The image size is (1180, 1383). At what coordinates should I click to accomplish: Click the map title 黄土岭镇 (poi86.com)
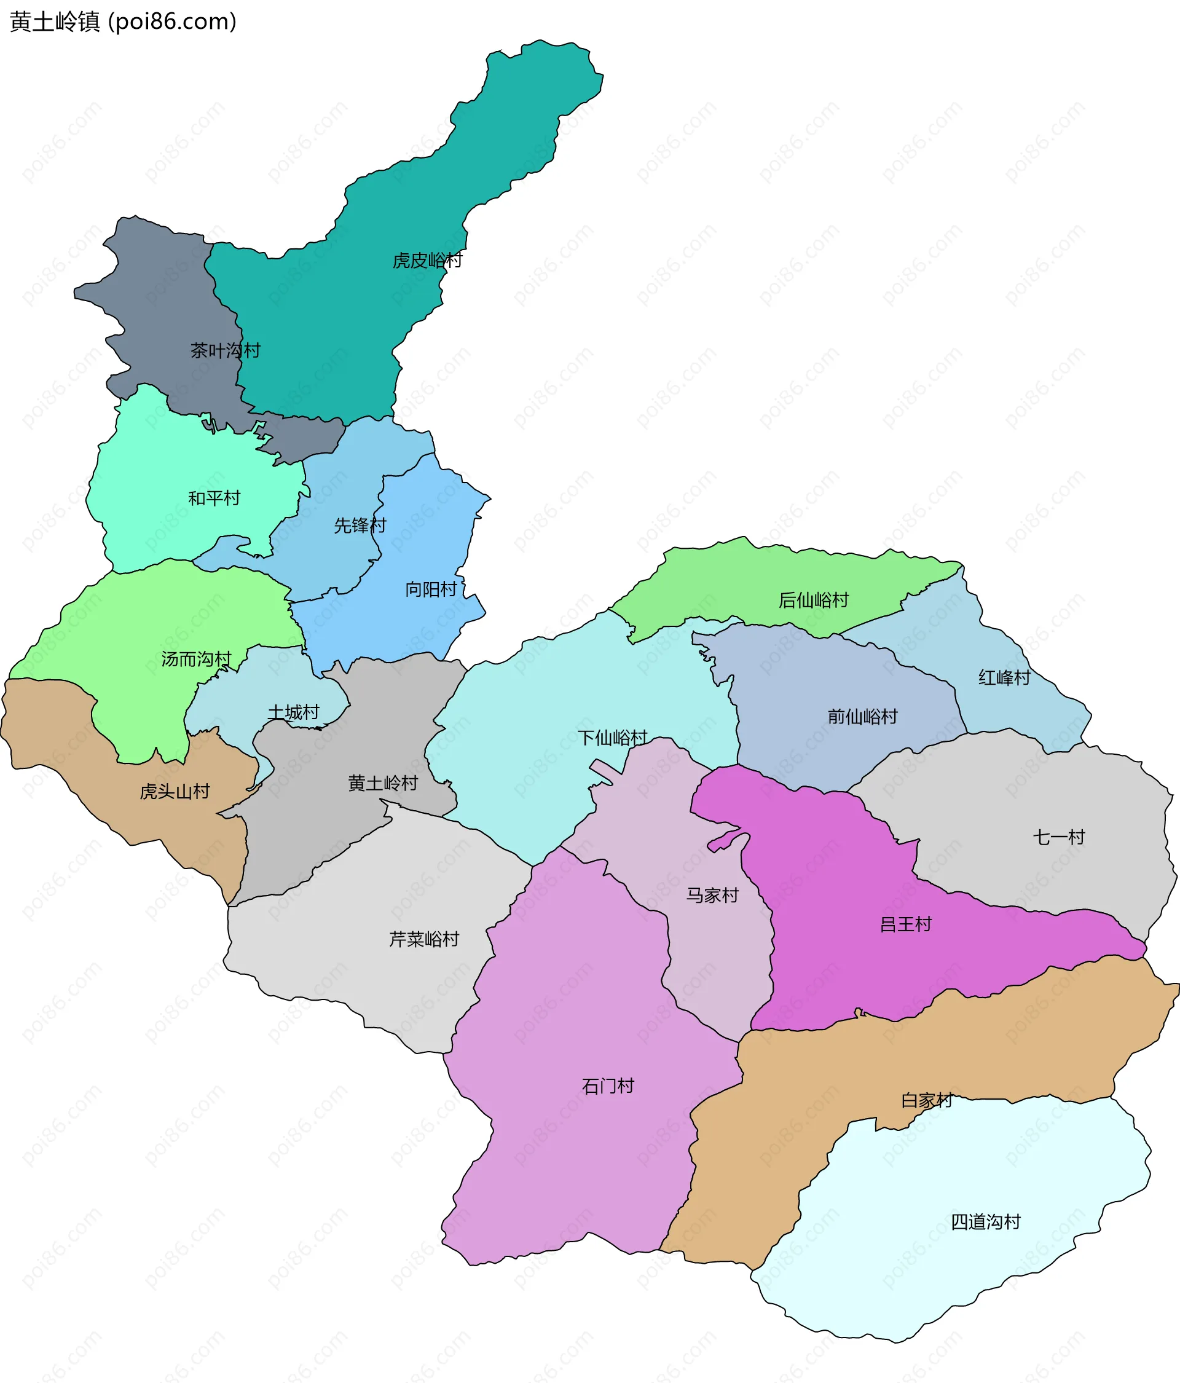(124, 22)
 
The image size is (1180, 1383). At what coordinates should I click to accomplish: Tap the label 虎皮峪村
(427, 261)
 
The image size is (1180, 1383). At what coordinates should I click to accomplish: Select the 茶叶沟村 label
(225, 350)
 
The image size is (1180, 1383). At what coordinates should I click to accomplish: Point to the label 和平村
(214, 498)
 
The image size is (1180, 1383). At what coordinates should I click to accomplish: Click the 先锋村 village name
(360, 526)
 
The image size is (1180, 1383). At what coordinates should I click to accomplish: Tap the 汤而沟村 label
(196, 660)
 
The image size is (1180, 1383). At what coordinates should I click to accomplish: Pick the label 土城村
(294, 712)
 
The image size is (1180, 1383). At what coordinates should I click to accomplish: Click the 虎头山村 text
(175, 792)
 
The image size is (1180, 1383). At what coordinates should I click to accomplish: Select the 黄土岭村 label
(383, 783)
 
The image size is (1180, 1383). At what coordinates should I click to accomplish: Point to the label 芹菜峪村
(425, 939)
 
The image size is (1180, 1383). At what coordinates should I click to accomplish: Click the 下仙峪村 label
(613, 738)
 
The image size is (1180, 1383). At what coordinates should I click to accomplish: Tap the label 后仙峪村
(814, 600)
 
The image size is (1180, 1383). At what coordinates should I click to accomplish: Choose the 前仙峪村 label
(863, 717)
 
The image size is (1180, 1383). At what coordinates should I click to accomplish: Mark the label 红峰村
(1004, 677)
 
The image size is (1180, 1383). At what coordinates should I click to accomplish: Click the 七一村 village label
(1059, 837)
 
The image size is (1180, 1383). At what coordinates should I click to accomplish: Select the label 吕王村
(906, 924)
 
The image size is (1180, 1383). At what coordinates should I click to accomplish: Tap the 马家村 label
(713, 895)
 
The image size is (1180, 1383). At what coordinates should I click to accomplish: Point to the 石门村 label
(608, 1086)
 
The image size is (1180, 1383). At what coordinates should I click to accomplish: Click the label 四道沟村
(986, 1222)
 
